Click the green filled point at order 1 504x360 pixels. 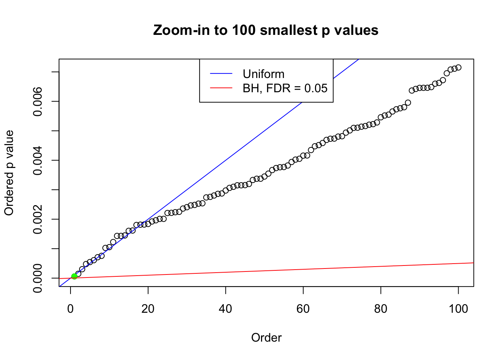click(74, 276)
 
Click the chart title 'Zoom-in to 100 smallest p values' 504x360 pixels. click(265, 30)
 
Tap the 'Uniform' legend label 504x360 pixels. click(263, 74)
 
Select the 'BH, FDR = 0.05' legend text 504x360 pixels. click(285, 88)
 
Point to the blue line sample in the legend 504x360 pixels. click(221, 74)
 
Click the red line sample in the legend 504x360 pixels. click(221, 88)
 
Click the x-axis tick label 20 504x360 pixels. click(148, 309)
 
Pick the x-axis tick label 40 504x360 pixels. click(226, 309)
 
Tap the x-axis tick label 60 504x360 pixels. click(303, 309)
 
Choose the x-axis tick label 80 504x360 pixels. click(381, 309)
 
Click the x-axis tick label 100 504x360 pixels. click(458, 309)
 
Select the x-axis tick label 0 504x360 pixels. click(70, 309)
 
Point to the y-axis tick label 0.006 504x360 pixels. click(38, 102)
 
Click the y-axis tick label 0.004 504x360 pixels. click(38, 160)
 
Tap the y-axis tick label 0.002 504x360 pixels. click(38, 219)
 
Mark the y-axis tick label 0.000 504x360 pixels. click(38, 278)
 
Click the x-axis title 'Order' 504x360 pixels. click(266, 338)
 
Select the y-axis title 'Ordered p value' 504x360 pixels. click(9, 173)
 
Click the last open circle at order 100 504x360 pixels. click(458, 67)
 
